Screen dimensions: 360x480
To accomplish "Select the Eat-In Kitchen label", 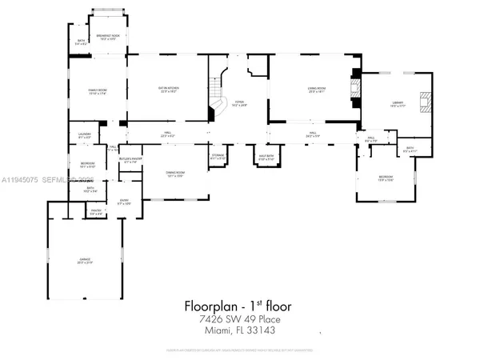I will (x=166, y=91).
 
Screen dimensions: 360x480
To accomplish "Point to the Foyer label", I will (x=239, y=103).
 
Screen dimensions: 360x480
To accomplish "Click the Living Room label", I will (x=307, y=91).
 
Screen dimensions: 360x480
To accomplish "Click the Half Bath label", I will (x=266, y=158).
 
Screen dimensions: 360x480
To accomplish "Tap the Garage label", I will (x=84, y=261).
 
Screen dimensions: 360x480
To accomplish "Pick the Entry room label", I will (x=124, y=202).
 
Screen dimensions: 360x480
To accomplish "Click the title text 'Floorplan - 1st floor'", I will (x=239, y=305).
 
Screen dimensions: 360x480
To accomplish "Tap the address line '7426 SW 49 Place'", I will (x=239, y=318).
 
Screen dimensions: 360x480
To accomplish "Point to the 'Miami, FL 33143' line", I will (x=239, y=330).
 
